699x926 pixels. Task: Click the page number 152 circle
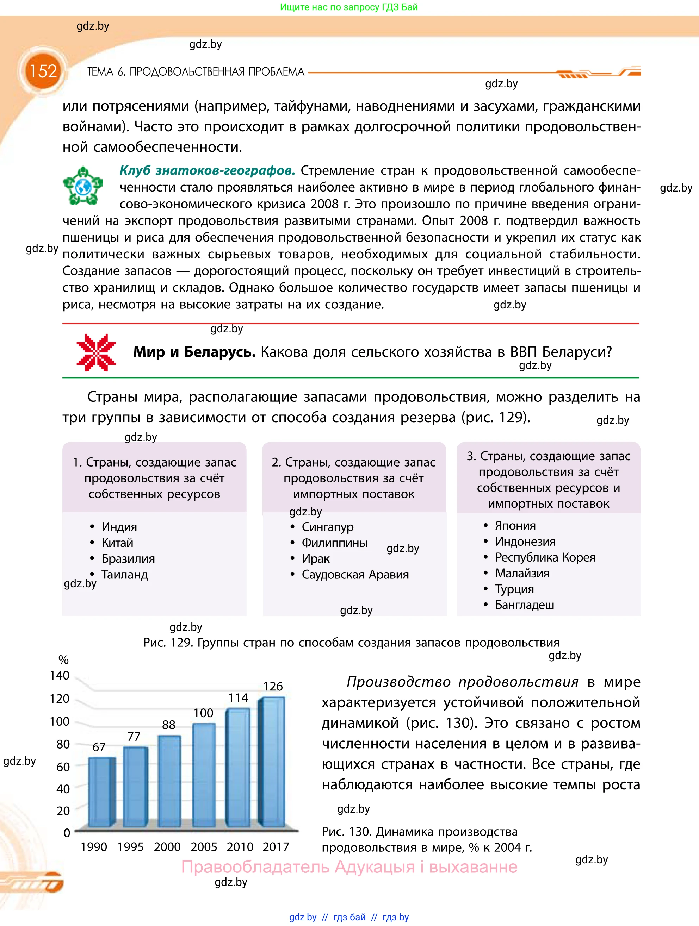point(43,71)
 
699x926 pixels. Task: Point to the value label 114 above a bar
point(238,698)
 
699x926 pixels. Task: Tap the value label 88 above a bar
point(168,725)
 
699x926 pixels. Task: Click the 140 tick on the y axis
point(60,675)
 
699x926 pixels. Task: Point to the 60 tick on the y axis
point(63,767)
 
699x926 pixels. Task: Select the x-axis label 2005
point(204,846)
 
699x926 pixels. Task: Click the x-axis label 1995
point(130,846)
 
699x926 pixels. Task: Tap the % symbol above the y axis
point(63,660)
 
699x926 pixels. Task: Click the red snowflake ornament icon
point(96,352)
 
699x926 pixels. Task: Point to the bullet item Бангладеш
point(524,605)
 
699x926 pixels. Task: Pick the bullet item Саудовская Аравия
point(355,574)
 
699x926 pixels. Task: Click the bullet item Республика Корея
point(545,557)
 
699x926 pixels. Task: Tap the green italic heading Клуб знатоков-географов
point(207,170)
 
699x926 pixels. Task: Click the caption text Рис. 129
point(167,642)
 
